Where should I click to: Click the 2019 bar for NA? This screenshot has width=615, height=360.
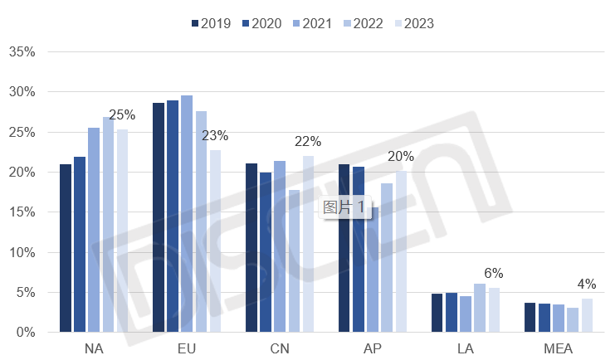[66, 248]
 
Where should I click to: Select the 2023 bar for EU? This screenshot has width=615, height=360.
[216, 241]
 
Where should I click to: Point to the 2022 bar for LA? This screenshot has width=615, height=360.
[480, 308]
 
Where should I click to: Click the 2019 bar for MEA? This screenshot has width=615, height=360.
[530, 318]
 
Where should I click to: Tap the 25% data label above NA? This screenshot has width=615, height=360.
[122, 114]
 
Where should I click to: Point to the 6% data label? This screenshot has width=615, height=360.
[494, 272]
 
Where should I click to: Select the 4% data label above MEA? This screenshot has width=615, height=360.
[587, 284]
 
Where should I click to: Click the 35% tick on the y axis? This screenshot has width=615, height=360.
[22, 51]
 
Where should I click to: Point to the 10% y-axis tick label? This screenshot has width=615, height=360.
[22, 252]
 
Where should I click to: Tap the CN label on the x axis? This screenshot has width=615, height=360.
[280, 348]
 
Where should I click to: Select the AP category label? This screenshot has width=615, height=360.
[373, 348]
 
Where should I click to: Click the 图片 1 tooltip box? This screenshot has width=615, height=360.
[344, 207]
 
